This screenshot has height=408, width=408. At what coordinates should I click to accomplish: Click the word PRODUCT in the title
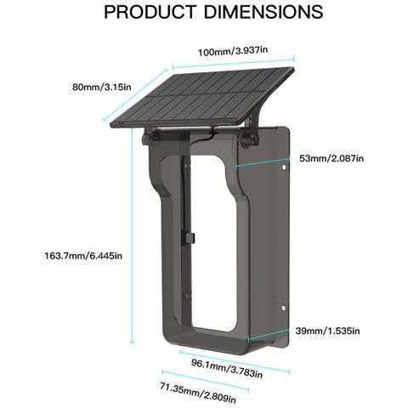click(x=150, y=12)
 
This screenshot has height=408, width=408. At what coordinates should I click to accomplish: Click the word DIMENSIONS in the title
click(x=263, y=12)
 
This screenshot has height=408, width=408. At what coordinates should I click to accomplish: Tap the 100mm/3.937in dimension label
click(x=233, y=51)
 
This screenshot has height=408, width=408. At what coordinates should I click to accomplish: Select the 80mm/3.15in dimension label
click(x=102, y=87)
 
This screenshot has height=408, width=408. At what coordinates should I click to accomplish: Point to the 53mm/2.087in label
click(x=331, y=158)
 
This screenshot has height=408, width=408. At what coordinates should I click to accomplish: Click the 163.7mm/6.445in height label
click(x=83, y=256)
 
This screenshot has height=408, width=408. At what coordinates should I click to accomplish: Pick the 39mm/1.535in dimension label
click(x=327, y=331)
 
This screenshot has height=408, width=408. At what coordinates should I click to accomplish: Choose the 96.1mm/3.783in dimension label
click(x=227, y=368)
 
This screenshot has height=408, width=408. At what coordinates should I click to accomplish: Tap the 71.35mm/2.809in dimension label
click(x=198, y=393)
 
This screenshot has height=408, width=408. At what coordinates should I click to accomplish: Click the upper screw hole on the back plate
click(x=283, y=167)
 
